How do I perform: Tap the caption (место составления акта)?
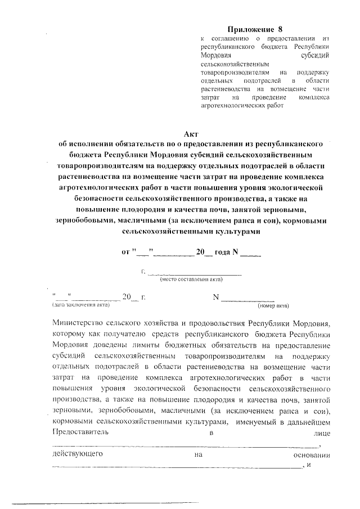(x=191, y=279)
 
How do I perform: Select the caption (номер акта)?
(x=273, y=305)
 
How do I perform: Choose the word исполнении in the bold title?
(x=98, y=144)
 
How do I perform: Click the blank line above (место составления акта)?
(x=194, y=274)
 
